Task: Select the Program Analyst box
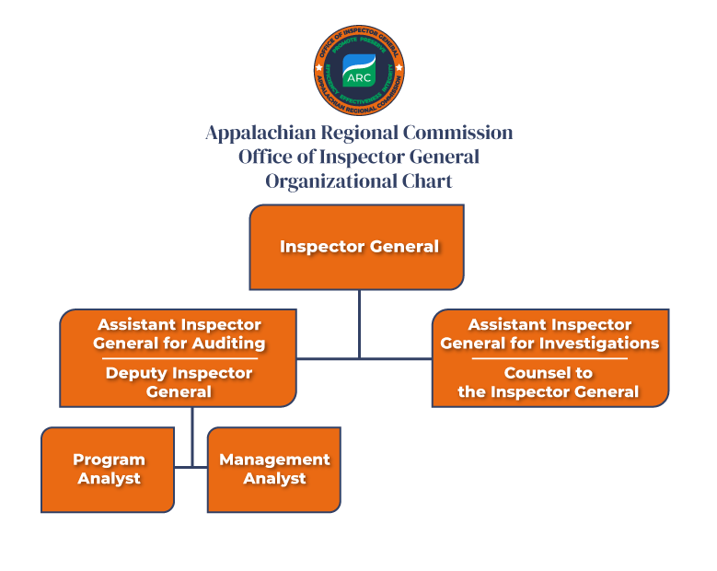coord(108,469)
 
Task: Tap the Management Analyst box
coord(274,469)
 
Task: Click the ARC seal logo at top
coord(359,70)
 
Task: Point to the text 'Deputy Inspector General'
coord(179,382)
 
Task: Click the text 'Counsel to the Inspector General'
coord(549,382)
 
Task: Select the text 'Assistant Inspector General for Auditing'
coord(179,333)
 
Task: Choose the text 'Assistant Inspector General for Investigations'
coord(549,333)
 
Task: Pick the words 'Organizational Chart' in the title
coord(359,181)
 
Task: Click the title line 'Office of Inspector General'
coord(359,157)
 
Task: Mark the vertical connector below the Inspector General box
coord(359,322)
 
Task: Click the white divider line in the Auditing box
coord(179,358)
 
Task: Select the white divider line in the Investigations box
coord(549,358)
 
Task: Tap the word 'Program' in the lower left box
coord(109,460)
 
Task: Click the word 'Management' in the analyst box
coord(274,460)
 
